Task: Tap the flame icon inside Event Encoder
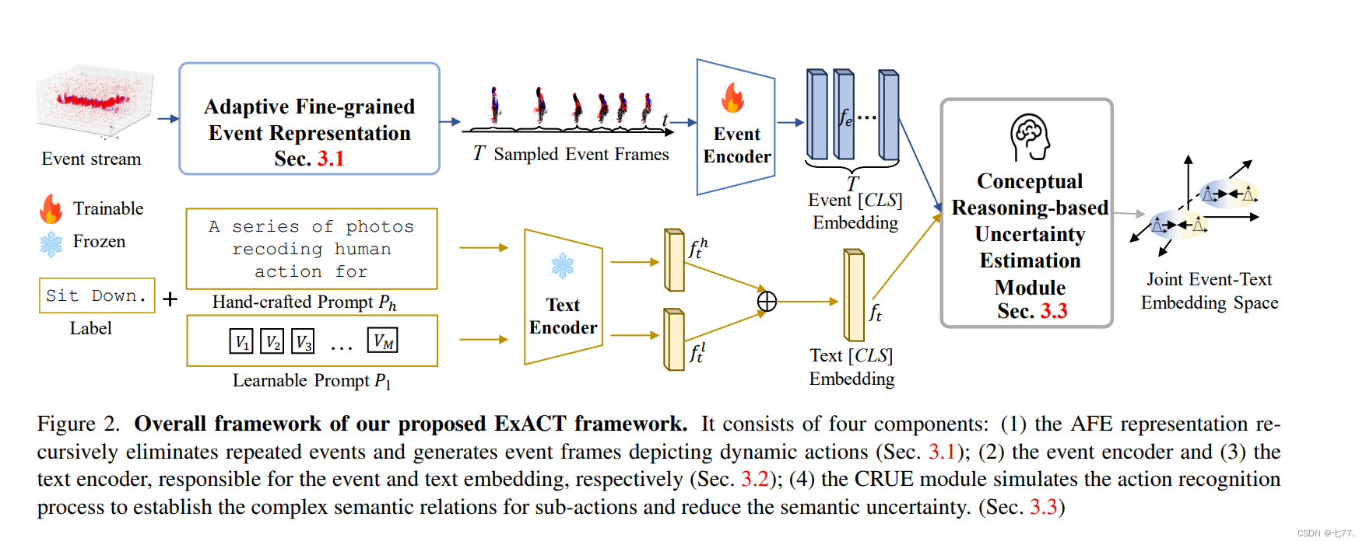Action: tap(732, 99)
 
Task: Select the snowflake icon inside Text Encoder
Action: tap(562, 266)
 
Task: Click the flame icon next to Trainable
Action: tap(51, 209)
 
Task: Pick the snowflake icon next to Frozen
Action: tap(51, 243)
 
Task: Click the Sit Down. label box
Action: tap(97, 296)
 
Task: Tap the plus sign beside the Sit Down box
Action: tap(170, 299)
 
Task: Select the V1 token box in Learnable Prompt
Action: tap(241, 341)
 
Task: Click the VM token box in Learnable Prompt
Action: tap(382, 341)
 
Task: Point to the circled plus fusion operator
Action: tap(767, 302)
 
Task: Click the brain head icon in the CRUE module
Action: tap(1031, 137)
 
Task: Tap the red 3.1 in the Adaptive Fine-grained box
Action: tap(330, 159)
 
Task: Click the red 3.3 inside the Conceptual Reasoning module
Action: tap(1054, 311)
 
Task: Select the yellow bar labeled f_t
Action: tap(854, 295)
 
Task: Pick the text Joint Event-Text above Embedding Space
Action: tap(1209, 279)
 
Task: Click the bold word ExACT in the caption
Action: tap(530, 424)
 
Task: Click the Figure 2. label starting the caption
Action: tap(79, 424)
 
